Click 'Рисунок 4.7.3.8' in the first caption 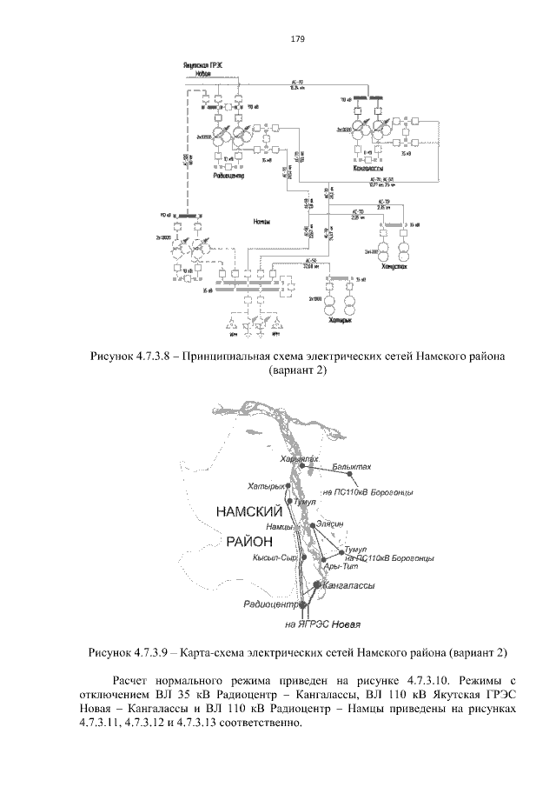pos(136,357)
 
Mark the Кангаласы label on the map pos(349,586)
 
